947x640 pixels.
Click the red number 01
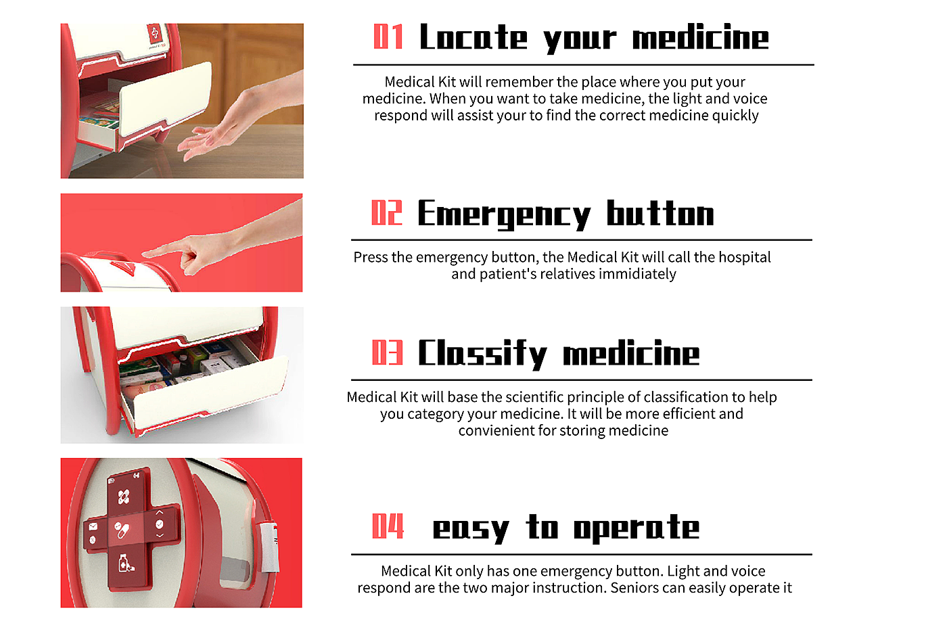click(388, 37)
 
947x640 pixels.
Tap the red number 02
click(386, 212)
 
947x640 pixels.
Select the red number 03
click(387, 352)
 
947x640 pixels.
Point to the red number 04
click(388, 526)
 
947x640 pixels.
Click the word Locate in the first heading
click(473, 37)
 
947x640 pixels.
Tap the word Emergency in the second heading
click(504, 215)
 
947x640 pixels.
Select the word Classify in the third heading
click(482, 355)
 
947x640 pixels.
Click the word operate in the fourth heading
click(637, 528)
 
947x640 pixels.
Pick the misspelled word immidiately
click(637, 274)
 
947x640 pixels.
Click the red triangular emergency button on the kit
click(122, 267)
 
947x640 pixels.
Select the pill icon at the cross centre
click(122, 530)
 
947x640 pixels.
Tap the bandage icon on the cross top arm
click(124, 497)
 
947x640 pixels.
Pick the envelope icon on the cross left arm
click(93, 526)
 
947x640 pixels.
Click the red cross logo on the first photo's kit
click(154, 32)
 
